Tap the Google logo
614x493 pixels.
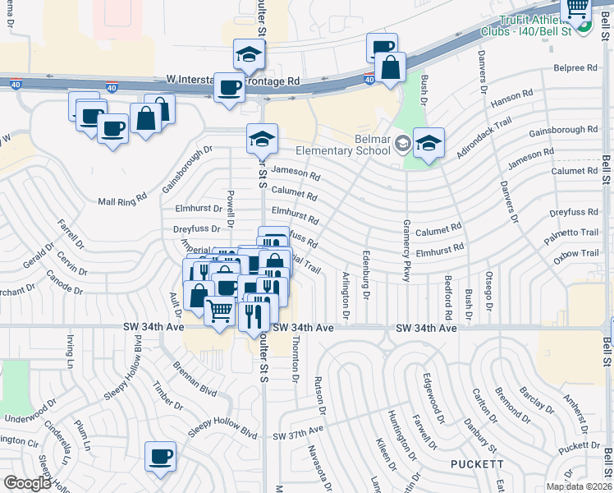click(x=28, y=483)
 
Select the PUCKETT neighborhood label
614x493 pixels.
click(x=476, y=464)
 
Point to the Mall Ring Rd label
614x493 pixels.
click(x=121, y=199)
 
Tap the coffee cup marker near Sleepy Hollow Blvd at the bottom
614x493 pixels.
click(x=160, y=457)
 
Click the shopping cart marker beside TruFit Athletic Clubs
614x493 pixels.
click(x=577, y=7)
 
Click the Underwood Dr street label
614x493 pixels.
click(x=29, y=418)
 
